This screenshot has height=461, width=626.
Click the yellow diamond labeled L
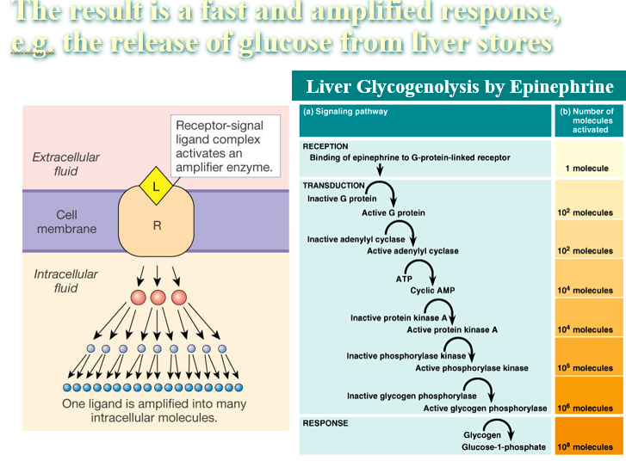click(156, 186)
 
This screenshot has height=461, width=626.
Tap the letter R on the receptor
click(157, 225)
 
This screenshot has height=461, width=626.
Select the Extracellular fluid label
click(66, 164)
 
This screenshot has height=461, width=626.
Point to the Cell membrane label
click(66, 222)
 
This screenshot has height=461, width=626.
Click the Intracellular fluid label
click(66, 280)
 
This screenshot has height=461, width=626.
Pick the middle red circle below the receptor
click(158, 298)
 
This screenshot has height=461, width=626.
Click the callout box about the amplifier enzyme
click(225, 146)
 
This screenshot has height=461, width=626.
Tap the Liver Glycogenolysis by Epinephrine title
click(460, 86)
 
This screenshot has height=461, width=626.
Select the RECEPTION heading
click(325, 146)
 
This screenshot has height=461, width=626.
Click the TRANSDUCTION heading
click(334, 186)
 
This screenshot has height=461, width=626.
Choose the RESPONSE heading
click(325, 423)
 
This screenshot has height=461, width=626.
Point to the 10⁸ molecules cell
click(589, 435)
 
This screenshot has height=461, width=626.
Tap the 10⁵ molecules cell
click(589, 357)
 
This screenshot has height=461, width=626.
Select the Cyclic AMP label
click(432, 291)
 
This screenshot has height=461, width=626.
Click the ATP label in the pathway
click(404, 279)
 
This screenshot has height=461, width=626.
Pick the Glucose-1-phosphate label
click(504, 447)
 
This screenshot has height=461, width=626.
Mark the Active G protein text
click(394, 212)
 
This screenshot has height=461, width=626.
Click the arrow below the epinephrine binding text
click(380, 169)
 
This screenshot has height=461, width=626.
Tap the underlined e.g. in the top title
click(33, 43)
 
